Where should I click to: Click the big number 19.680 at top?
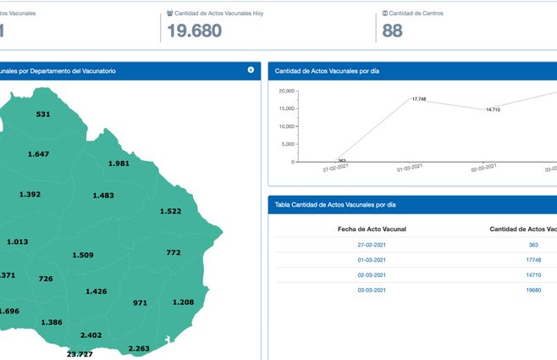click(x=194, y=31)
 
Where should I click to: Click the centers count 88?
click(x=392, y=31)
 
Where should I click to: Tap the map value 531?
click(x=43, y=114)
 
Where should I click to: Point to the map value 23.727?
click(x=80, y=354)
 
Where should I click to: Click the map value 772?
click(x=174, y=252)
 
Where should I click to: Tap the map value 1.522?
click(x=170, y=211)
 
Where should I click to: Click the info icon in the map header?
click(x=251, y=70)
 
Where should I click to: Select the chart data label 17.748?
click(x=419, y=99)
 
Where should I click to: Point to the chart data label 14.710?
click(x=493, y=110)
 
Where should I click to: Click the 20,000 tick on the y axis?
click(x=286, y=91)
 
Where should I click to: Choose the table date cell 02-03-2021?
click(x=373, y=275)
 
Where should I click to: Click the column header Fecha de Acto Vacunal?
click(x=373, y=229)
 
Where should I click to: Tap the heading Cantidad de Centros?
click(x=416, y=14)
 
